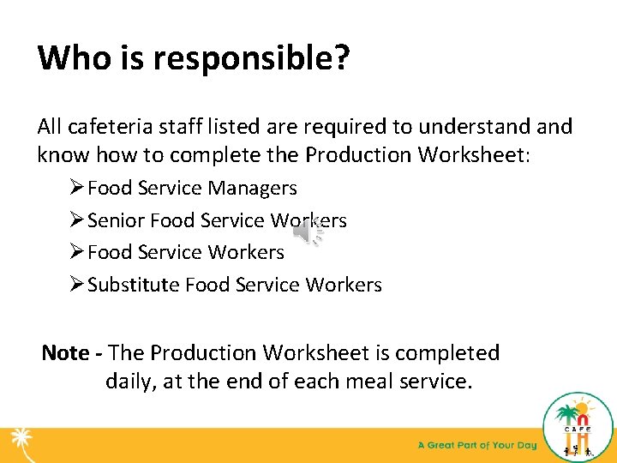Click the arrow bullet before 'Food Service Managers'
75,188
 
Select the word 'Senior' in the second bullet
116,220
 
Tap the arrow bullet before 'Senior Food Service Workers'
75,220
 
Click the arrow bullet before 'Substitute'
75,285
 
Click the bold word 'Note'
65,352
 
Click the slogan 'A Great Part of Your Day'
476,446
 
